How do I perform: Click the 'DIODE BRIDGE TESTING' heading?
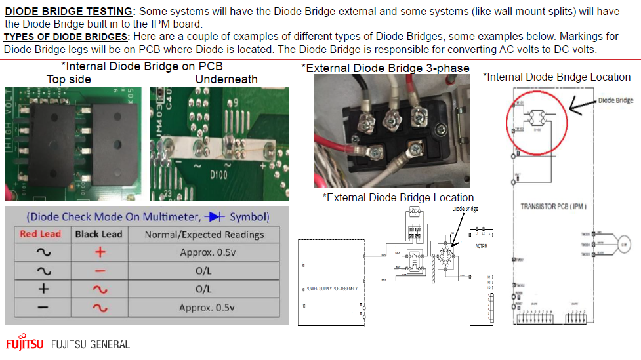(x=69, y=12)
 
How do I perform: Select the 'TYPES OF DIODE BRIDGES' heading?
(x=66, y=37)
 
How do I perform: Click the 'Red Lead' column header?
(x=40, y=234)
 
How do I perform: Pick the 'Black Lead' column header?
(x=98, y=234)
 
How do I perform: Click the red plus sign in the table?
(x=98, y=252)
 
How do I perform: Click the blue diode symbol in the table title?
(x=213, y=216)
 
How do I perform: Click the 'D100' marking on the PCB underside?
(x=218, y=175)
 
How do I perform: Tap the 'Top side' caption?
(x=68, y=79)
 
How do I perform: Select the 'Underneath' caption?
(x=226, y=79)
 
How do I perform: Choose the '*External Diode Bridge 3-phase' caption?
(x=385, y=68)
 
